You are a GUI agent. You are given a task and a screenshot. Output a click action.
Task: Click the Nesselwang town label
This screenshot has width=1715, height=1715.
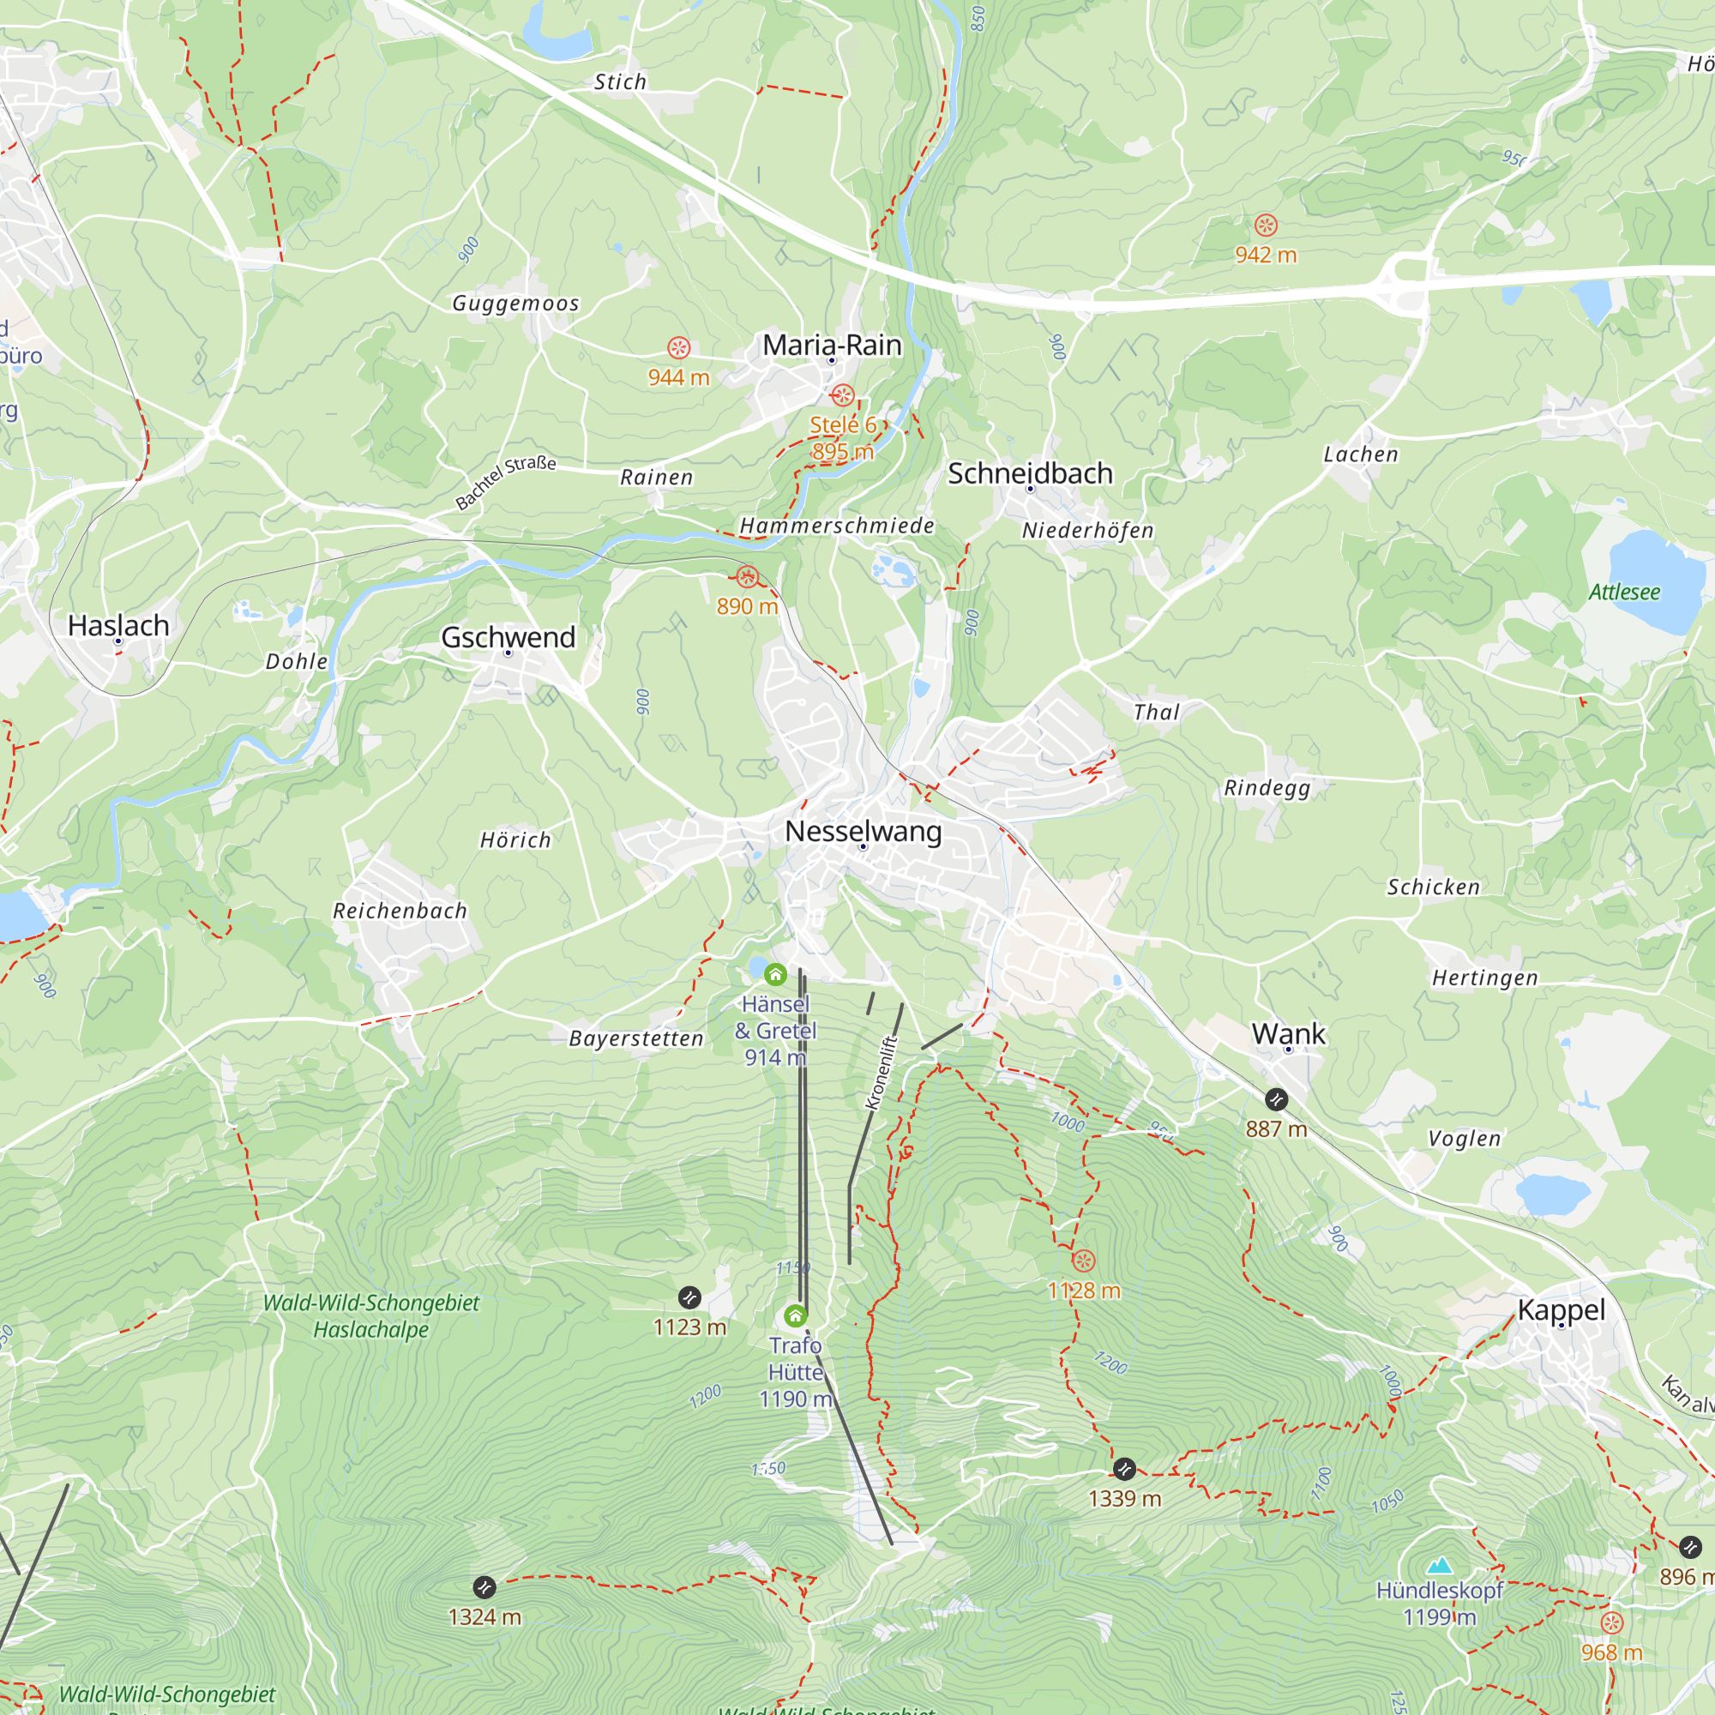point(863,831)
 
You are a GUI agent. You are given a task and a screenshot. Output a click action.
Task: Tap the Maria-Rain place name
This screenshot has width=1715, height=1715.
point(832,345)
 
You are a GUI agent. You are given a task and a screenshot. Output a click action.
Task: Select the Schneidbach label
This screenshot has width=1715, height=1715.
point(1030,473)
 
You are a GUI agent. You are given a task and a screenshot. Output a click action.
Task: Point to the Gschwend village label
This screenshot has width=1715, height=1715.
point(508,636)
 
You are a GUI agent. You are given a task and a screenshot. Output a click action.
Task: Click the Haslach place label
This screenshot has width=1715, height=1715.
point(118,625)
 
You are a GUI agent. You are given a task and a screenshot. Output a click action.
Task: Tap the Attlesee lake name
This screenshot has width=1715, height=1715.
point(1623,592)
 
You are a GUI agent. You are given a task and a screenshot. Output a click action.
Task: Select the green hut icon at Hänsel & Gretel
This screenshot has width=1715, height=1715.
point(775,975)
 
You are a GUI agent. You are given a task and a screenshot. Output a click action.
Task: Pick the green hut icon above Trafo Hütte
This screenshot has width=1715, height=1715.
point(796,1315)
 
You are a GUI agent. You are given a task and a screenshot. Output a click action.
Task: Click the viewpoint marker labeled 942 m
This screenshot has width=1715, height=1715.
point(1266,226)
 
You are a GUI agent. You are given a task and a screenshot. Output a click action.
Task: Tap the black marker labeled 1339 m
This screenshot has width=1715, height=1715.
point(1124,1469)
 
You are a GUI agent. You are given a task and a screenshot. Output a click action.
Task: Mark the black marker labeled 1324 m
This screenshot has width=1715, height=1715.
point(484,1587)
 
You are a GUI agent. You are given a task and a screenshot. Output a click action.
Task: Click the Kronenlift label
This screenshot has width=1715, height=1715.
point(882,1073)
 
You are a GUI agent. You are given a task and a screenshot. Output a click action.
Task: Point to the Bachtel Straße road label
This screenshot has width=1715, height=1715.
point(505,482)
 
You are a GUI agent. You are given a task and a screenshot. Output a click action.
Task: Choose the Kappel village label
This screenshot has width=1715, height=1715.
point(1561,1309)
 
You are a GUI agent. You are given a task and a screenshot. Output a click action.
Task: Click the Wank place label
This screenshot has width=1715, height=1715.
point(1288,1033)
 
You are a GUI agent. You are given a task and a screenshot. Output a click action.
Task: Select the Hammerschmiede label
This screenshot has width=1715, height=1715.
point(836,526)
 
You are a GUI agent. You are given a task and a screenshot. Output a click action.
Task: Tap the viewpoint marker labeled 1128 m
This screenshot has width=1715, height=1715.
point(1083,1261)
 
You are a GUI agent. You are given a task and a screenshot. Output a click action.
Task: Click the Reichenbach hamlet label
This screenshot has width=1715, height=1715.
point(400,911)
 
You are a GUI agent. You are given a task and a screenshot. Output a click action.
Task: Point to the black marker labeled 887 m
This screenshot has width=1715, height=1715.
point(1276,1100)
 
